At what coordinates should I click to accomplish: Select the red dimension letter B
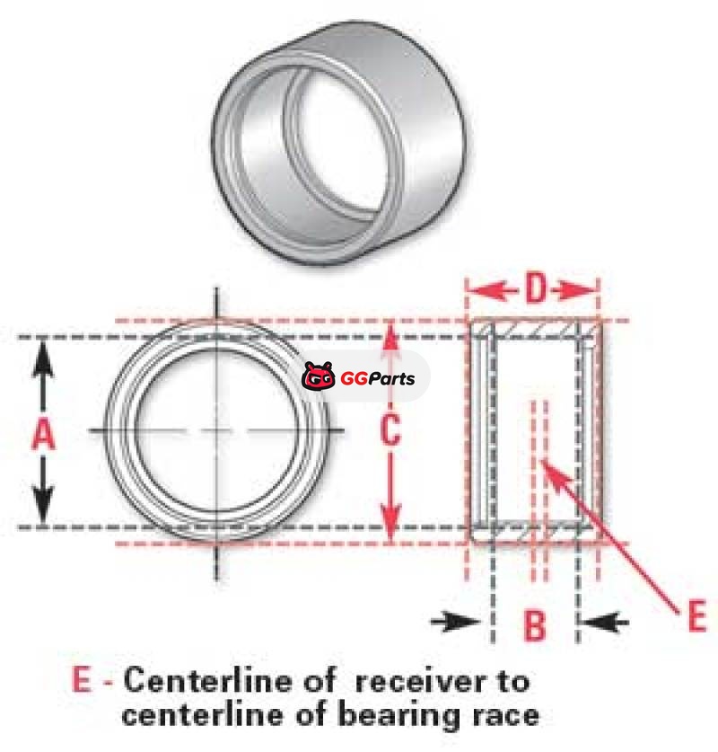click(x=535, y=625)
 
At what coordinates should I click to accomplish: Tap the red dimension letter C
click(x=389, y=431)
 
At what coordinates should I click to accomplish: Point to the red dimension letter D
click(x=535, y=290)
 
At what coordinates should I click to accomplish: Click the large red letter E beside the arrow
click(x=696, y=618)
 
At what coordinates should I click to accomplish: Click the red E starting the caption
click(x=82, y=680)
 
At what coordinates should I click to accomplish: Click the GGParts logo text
click(x=378, y=378)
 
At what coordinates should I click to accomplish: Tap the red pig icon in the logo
click(x=319, y=377)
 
